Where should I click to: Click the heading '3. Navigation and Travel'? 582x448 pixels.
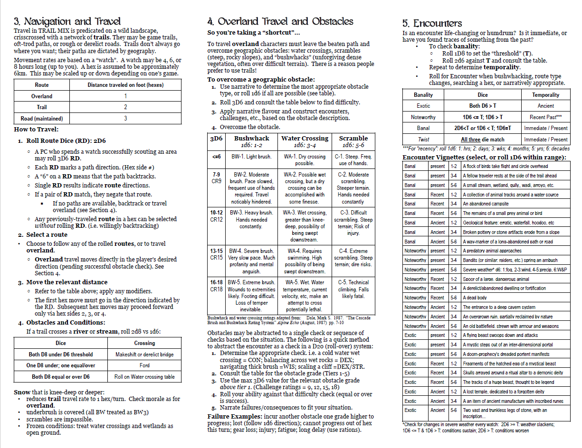pyautogui.click(x=67, y=21)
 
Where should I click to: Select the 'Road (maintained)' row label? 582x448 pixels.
pyautogui.click(x=42, y=119)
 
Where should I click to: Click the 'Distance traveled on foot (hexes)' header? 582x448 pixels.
pyautogui.click(x=125, y=85)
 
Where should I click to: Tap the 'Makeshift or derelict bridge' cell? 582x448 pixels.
pyautogui.click(x=144, y=355)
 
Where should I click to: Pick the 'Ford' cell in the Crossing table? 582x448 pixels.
pyautogui.click(x=144, y=365)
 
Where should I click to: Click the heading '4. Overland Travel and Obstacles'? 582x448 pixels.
pyautogui.click(x=280, y=21)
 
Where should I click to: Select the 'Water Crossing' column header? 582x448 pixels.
pyautogui.click(x=305, y=138)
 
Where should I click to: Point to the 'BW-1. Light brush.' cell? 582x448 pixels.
pyautogui.click(x=251, y=157)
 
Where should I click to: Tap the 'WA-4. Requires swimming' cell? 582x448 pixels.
pyautogui.click(x=305, y=261)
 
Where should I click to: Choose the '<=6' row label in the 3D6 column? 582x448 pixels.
pyautogui.click(x=216, y=156)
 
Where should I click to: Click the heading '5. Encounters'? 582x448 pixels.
pyautogui.click(x=431, y=23)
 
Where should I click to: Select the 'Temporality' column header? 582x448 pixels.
pyautogui.click(x=546, y=95)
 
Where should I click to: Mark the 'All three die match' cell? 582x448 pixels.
pyautogui.click(x=482, y=140)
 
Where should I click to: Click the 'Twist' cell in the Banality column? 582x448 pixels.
pyautogui.click(x=423, y=140)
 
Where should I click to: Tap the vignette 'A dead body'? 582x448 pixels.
pyautogui.click(x=475, y=298)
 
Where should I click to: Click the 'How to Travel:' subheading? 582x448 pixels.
pyautogui.click(x=36, y=130)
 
